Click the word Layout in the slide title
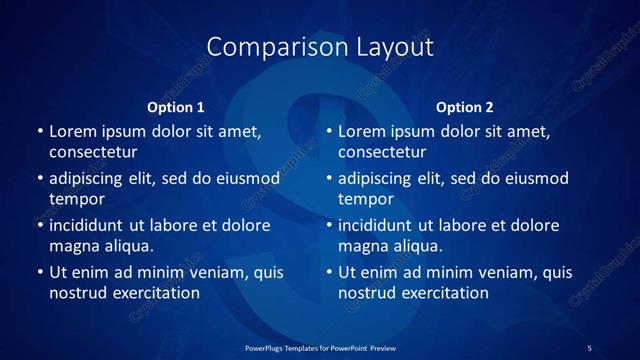(391, 46)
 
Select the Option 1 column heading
(176, 107)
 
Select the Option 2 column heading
(465, 107)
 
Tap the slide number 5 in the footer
(589, 348)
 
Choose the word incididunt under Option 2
(378, 226)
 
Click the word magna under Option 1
(71, 247)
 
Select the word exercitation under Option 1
(154, 294)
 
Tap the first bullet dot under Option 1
(39, 131)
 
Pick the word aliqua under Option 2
(417, 247)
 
